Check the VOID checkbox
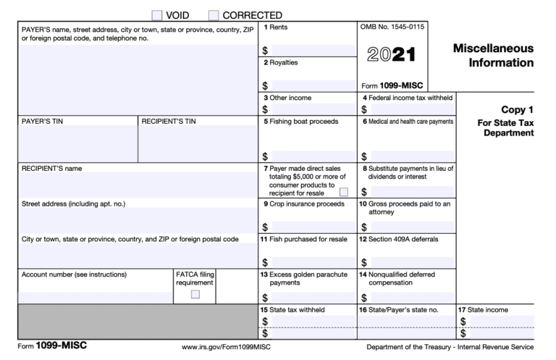pos(158,14)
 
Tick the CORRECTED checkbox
pos(214,14)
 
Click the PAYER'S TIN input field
pos(77,143)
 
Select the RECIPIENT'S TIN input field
pos(198,143)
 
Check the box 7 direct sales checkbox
pos(343,192)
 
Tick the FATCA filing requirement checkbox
pos(195,294)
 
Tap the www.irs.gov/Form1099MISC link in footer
pos(227,346)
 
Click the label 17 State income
pos(487,310)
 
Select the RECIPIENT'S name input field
pos(138,185)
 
